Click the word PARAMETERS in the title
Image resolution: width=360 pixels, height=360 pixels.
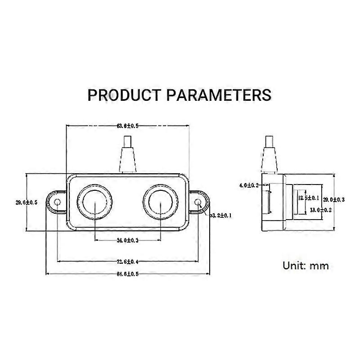pos(219,95)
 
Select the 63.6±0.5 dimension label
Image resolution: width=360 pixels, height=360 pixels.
pos(128,126)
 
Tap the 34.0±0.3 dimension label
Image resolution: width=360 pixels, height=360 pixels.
pos(128,241)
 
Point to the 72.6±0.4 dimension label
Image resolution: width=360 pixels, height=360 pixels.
pos(128,261)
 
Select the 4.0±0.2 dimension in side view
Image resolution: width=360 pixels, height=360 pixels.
pos(248,185)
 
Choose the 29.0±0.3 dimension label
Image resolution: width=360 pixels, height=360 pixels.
pos(334,199)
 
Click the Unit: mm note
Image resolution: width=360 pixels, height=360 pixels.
pos(306,265)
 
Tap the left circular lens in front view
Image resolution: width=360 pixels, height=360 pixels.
pos(95,202)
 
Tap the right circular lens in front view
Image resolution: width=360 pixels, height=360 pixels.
pos(161,202)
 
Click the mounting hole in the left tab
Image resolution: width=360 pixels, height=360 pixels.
pos(58,203)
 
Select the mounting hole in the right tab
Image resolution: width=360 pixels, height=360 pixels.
pos(198,203)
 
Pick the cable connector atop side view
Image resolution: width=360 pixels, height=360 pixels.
pos(270,155)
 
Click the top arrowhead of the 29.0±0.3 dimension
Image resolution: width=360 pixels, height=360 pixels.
pos(333,175)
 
